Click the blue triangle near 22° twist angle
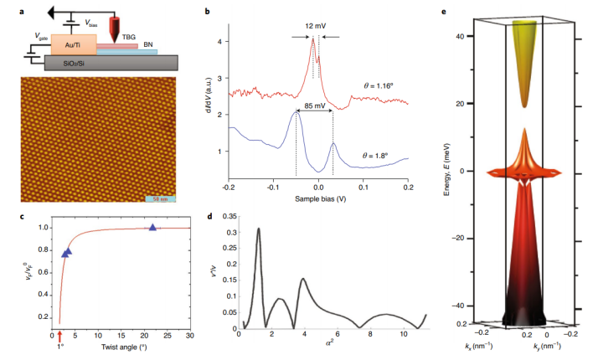(x=152, y=228)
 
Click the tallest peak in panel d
(x=259, y=229)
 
